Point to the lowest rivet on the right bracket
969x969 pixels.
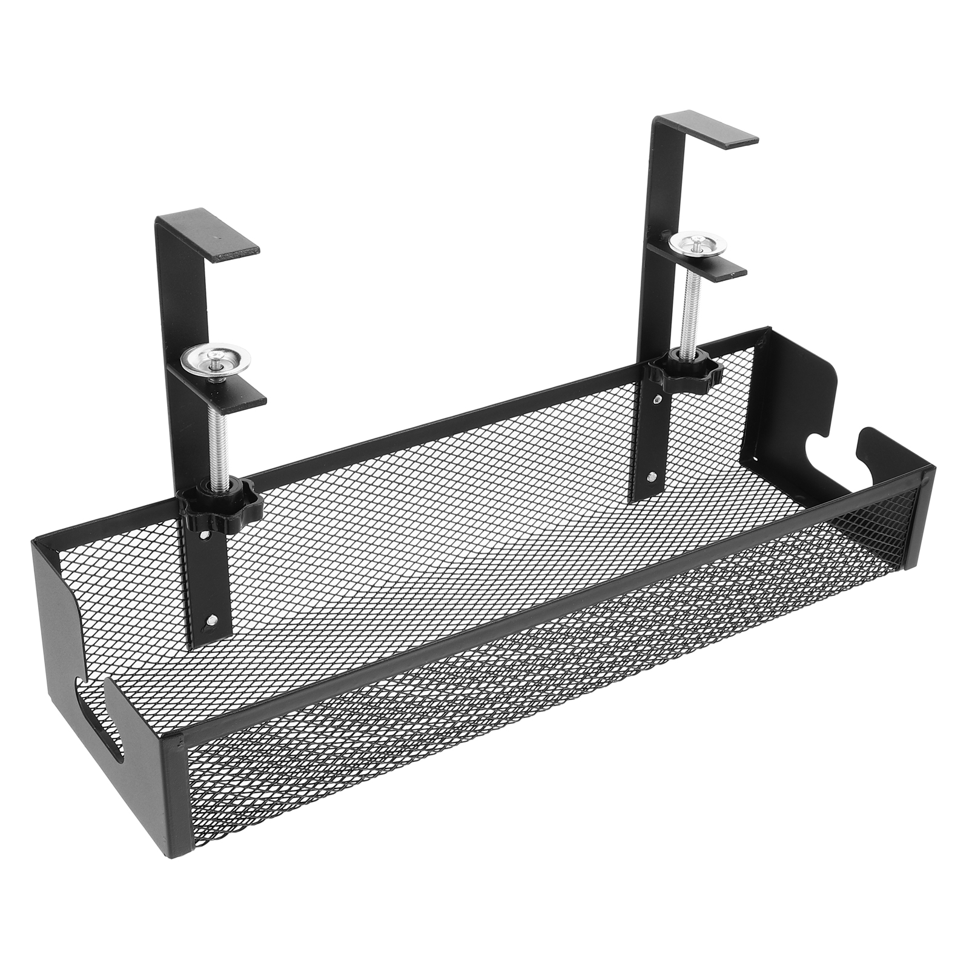(x=653, y=476)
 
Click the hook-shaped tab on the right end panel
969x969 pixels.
(x=869, y=442)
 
